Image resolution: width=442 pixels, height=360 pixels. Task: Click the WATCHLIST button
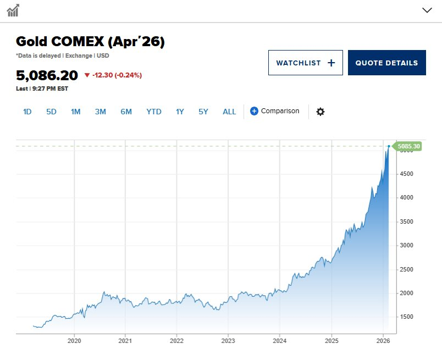click(305, 63)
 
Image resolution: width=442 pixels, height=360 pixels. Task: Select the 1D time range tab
click(27, 112)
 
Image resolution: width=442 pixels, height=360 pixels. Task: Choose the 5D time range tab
click(51, 112)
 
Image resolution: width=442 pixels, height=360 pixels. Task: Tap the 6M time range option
click(126, 112)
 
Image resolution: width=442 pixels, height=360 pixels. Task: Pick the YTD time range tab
click(154, 112)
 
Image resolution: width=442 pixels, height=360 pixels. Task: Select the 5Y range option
click(203, 112)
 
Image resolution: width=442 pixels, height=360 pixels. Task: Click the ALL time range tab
click(229, 112)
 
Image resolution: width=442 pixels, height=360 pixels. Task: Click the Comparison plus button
click(254, 111)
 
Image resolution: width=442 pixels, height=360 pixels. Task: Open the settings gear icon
click(321, 112)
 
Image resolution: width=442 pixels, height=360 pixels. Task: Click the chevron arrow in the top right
click(427, 10)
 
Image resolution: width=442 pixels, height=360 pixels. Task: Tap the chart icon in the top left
click(13, 10)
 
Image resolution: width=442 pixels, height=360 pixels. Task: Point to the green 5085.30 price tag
click(408, 146)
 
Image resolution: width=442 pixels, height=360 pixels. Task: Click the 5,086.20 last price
click(47, 75)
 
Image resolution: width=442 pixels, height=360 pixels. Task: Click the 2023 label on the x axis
click(228, 341)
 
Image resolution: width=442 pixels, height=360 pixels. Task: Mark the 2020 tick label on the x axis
click(74, 341)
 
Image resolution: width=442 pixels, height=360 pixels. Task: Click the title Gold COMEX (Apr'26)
click(90, 42)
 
